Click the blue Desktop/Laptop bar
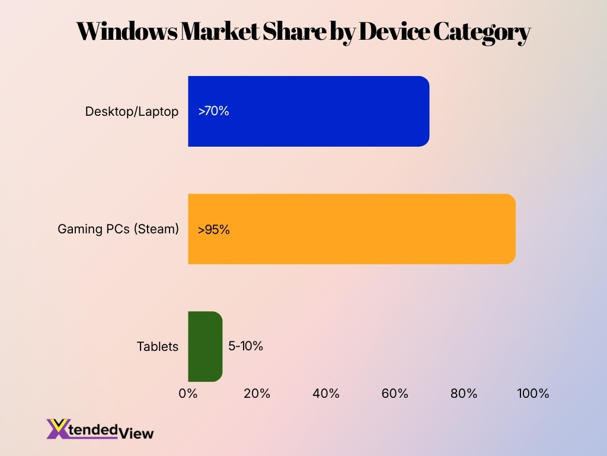point(308,111)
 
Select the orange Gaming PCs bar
point(352,229)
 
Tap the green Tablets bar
point(205,346)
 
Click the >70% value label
point(213,111)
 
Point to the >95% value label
point(214,229)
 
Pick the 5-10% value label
point(245,346)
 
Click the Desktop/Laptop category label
point(132,112)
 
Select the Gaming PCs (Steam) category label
point(118,229)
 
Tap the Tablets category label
point(157,347)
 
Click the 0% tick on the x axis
point(188,394)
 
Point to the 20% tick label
point(257,394)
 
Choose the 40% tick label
point(326,394)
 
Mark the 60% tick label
point(395,394)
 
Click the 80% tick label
point(464,394)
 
